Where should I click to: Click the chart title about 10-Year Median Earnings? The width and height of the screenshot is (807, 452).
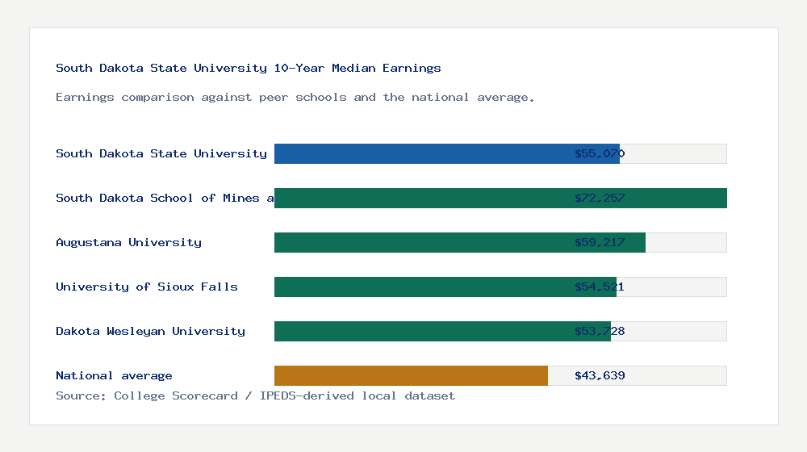(x=249, y=68)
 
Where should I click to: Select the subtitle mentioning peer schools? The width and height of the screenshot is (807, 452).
(x=295, y=97)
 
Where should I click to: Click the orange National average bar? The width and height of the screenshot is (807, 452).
(x=411, y=375)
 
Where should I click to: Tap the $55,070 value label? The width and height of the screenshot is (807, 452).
(x=600, y=153)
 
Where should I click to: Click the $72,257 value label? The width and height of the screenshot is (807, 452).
(x=600, y=198)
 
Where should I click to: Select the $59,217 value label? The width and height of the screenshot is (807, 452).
(x=600, y=242)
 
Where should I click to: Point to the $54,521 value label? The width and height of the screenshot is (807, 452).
(x=600, y=287)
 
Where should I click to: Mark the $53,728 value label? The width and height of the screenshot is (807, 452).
(x=600, y=331)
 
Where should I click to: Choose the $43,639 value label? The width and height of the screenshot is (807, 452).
(x=600, y=375)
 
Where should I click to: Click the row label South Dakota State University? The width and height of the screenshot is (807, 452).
(x=161, y=153)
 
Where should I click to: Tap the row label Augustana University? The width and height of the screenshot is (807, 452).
(x=128, y=242)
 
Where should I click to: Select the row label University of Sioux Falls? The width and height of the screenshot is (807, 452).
(x=147, y=287)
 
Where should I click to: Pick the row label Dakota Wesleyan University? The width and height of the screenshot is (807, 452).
(x=150, y=331)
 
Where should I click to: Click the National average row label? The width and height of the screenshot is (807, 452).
(x=114, y=375)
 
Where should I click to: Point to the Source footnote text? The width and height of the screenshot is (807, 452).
(x=255, y=395)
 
